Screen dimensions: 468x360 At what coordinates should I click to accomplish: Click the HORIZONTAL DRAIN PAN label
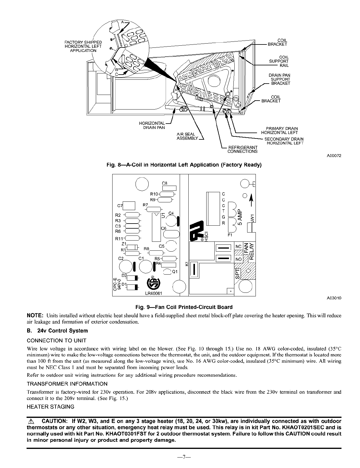(152, 125)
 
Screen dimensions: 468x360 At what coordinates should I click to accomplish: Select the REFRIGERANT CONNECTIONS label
(242, 149)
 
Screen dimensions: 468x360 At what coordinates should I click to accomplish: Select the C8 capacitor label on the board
(165, 183)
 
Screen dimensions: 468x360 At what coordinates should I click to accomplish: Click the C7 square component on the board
(129, 206)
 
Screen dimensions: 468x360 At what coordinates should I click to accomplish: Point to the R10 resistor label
(154, 194)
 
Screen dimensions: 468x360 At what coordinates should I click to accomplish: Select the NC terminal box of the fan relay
(238, 247)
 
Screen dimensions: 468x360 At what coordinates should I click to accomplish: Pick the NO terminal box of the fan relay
(238, 259)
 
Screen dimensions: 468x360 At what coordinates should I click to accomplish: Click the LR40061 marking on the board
(153, 293)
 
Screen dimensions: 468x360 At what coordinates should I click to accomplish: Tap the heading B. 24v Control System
(57, 331)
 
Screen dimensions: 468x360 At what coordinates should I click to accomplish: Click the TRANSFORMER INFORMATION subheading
(67, 384)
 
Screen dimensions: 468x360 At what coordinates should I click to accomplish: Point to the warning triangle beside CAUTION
(30, 421)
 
